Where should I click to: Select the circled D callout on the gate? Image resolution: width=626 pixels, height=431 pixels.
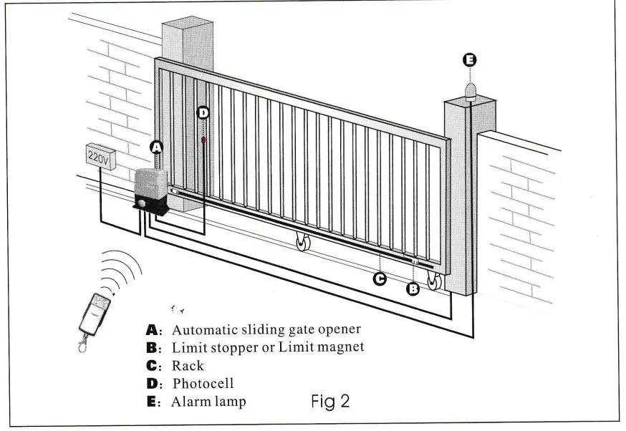[203, 112]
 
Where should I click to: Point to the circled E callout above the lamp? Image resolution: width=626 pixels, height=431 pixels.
[470, 61]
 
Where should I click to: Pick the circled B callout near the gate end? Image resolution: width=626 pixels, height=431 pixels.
[413, 289]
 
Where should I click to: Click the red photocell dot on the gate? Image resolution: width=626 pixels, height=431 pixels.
[203, 140]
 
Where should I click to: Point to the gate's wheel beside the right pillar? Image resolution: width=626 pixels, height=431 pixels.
[434, 281]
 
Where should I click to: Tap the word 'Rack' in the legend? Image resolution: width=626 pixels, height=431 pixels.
[188, 366]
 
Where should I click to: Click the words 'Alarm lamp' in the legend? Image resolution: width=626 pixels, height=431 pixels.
[208, 402]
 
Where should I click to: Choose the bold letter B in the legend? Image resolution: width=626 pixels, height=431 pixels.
[152, 348]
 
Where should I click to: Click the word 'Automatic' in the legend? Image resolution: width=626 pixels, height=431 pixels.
[201, 330]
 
